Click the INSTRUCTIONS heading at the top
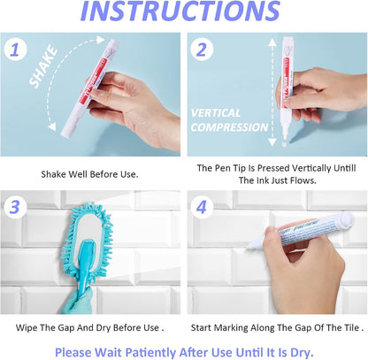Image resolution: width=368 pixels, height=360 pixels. tap(183, 12)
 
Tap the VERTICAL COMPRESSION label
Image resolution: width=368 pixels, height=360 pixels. tap(230, 120)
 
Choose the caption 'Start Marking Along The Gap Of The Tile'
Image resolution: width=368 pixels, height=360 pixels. tap(278, 326)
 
